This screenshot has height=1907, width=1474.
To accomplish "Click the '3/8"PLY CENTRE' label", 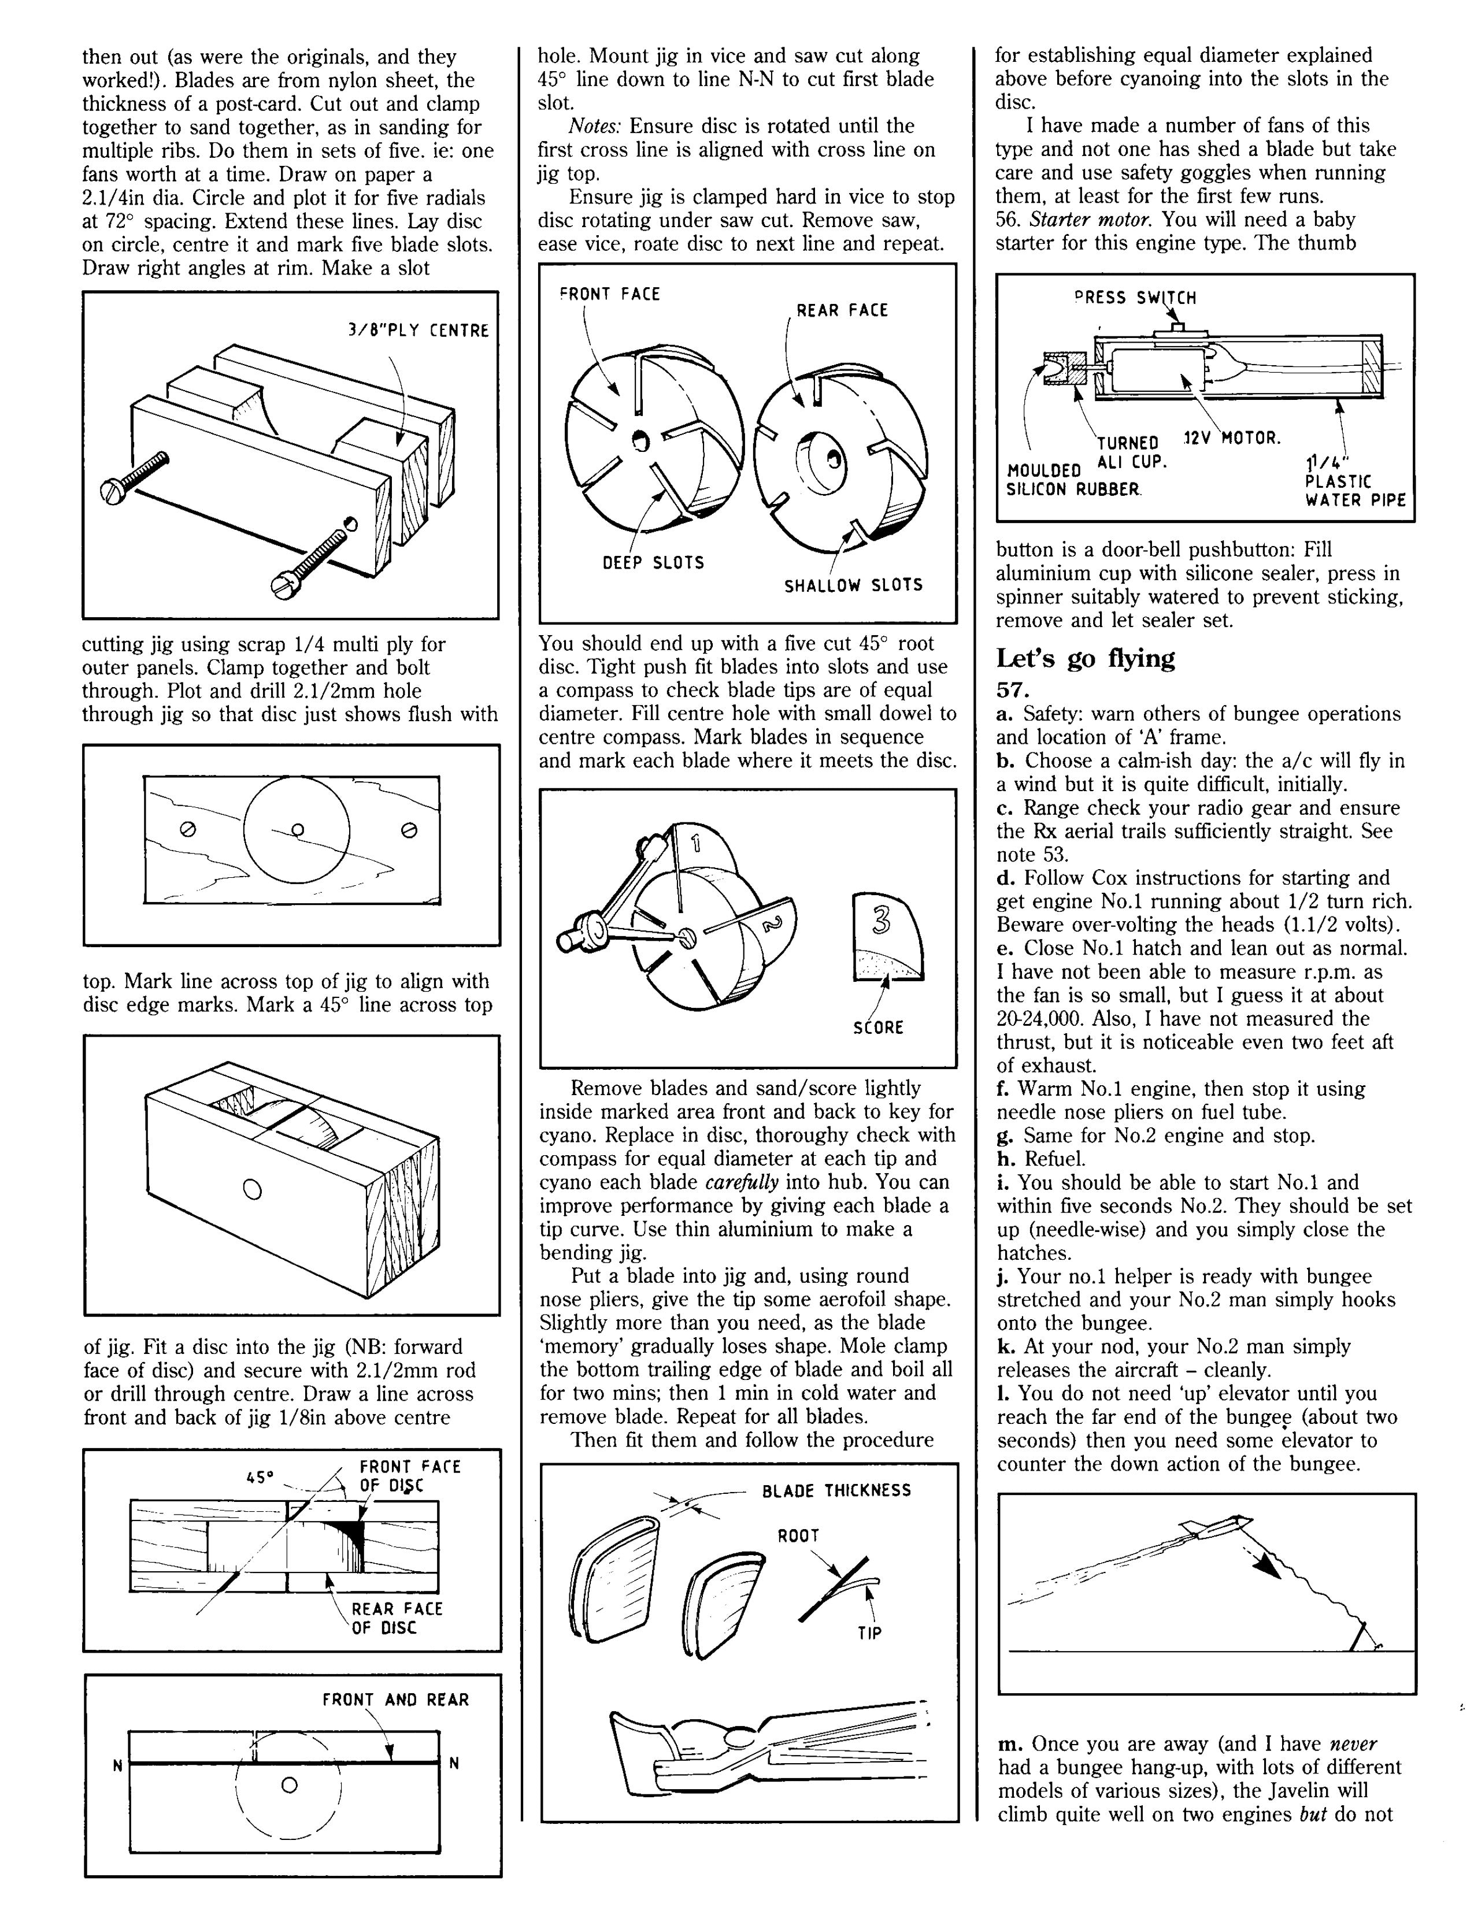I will tap(417, 331).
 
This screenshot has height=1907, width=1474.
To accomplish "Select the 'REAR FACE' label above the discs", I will tap(841, 310).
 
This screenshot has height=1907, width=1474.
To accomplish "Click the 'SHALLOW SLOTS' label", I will tap(853, 585).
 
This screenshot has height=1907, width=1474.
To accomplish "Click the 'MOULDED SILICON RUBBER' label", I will tap(1074, 480).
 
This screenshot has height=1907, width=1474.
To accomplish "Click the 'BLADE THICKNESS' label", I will tap(836, 1490).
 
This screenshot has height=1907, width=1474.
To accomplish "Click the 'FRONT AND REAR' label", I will tap(395, 1699).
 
